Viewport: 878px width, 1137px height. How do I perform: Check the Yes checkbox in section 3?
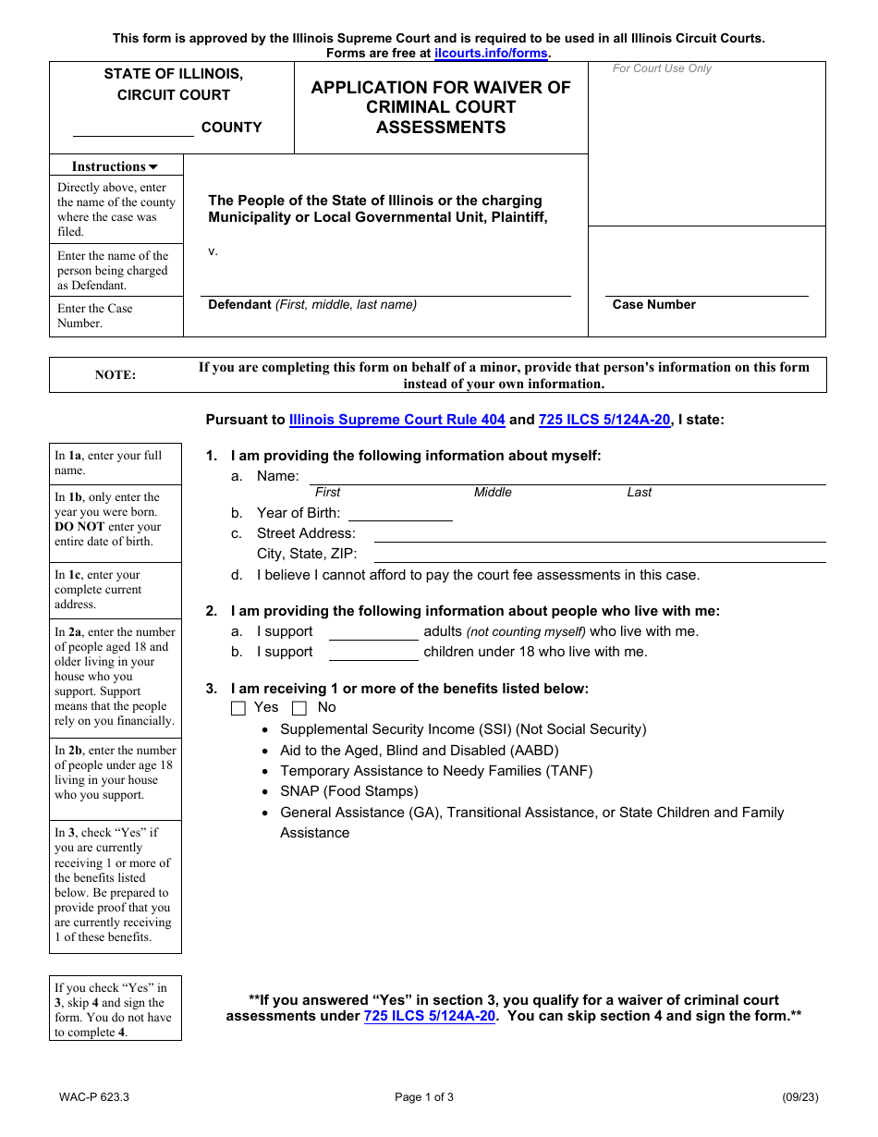tap(238, 709)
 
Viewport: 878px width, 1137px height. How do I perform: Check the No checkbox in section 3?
tap(299, 709)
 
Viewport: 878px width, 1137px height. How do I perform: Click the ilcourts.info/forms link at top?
tap(491, 54)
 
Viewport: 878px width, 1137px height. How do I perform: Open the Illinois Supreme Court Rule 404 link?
tap(397, 420)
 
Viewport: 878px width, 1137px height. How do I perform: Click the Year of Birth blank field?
tap(400, 513)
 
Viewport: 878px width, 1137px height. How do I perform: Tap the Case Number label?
tap(654, 305)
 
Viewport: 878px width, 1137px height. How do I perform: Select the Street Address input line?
tap(599, 533)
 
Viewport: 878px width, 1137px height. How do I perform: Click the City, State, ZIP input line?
tap(599, 554)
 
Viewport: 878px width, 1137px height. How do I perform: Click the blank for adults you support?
tap(373, 632)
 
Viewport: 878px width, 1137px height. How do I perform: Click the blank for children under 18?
tap(373, 653)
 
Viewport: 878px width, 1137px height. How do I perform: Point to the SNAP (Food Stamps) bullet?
tap(349, 791)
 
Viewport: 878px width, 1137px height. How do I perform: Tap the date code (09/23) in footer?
tap(800, 1098)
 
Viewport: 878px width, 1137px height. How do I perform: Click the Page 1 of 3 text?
tap(424, 1098)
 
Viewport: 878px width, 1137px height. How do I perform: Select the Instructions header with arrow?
tap(116, 167)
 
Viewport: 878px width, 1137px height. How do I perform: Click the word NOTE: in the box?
tap(116, 375)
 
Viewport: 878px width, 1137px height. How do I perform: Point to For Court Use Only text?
tap(662, 68)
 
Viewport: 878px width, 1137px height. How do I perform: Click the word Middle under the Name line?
tap(493, 493)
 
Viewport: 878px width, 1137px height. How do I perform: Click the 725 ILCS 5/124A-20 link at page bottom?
tap(430, 1016)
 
